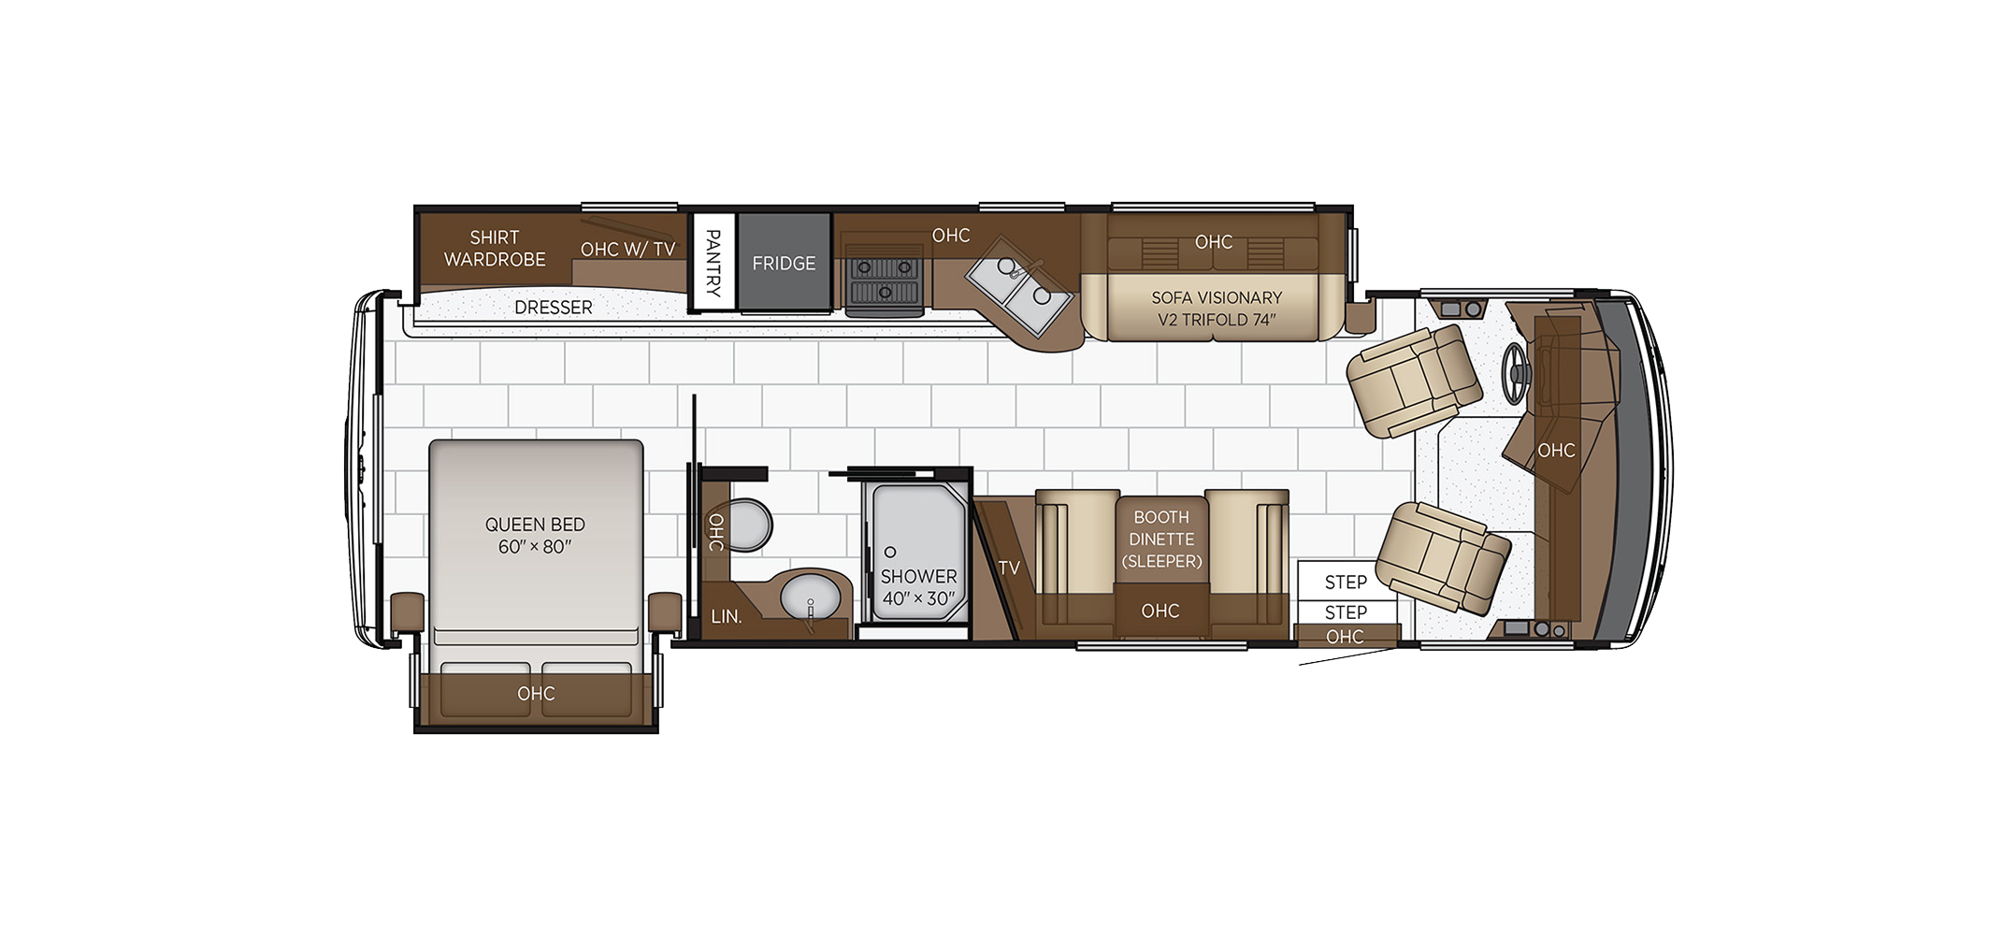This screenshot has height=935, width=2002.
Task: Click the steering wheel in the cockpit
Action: point(1516,374)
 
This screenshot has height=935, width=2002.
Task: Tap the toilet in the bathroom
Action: point(749,525)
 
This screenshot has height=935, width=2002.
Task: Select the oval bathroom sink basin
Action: point(810,597)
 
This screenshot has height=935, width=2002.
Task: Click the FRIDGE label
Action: point(784,264)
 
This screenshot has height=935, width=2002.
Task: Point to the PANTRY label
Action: point(713,264)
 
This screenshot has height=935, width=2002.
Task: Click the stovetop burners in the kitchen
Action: point(884,280)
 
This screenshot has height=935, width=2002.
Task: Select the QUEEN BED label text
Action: point(535,525)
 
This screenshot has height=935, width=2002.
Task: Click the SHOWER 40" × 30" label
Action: point(918,587)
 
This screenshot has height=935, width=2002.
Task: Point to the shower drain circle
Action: point(890,553)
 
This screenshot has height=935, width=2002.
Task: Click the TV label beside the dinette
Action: point(1009,568)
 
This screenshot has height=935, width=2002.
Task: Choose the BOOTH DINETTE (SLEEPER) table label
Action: point(1161,539)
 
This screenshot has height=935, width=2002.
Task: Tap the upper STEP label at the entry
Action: point(1346,583)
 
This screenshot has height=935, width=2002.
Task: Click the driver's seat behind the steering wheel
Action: point(1413,380)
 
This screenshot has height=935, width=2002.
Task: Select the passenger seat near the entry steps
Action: point(1443,557)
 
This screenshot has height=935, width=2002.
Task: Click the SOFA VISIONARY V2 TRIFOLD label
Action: point(1217,309)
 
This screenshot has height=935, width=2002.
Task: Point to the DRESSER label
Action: point(554,308)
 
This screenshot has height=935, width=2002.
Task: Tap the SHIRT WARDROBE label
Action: point(495,249)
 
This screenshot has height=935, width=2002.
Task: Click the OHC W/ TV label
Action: point(627,250)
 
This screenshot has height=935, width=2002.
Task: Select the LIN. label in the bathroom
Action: point(727,617)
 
